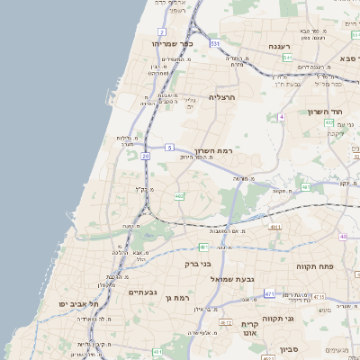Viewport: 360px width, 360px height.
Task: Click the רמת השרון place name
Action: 213,150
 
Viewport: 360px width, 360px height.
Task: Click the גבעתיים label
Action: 142,292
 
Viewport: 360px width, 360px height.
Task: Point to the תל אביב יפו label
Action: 79,305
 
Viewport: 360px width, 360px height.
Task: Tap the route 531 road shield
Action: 215,42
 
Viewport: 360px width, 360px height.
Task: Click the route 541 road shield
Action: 287,58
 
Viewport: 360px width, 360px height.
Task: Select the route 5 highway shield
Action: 169,147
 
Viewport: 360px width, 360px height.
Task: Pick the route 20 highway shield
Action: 145,156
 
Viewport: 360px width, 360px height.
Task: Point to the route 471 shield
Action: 270,294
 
